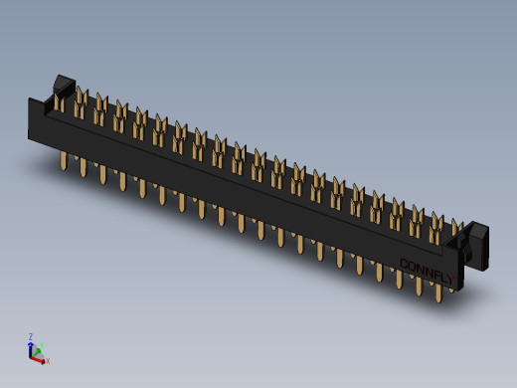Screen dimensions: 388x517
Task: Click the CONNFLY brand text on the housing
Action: coord(427,271)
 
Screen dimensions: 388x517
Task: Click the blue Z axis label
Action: coord(31,337)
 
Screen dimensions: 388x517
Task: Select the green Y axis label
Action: coord(41,348)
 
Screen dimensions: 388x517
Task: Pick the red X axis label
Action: coord(48,361)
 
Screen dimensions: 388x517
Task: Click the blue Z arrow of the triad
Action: coord(32,347)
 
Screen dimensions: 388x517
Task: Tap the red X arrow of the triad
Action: coord(41,359)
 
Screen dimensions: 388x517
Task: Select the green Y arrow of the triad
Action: coord(37,351)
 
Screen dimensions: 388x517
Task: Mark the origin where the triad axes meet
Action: coord(33,355)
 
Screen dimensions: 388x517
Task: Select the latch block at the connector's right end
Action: coord(474,244)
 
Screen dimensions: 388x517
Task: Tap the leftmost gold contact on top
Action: coord(60,98)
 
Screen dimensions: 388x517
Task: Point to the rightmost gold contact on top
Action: coord(456,230)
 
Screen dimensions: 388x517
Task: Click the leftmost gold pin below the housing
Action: coord(65,160)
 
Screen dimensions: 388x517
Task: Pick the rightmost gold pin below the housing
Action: coord(435,290)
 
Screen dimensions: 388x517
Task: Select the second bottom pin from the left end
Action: coord(84,168)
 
